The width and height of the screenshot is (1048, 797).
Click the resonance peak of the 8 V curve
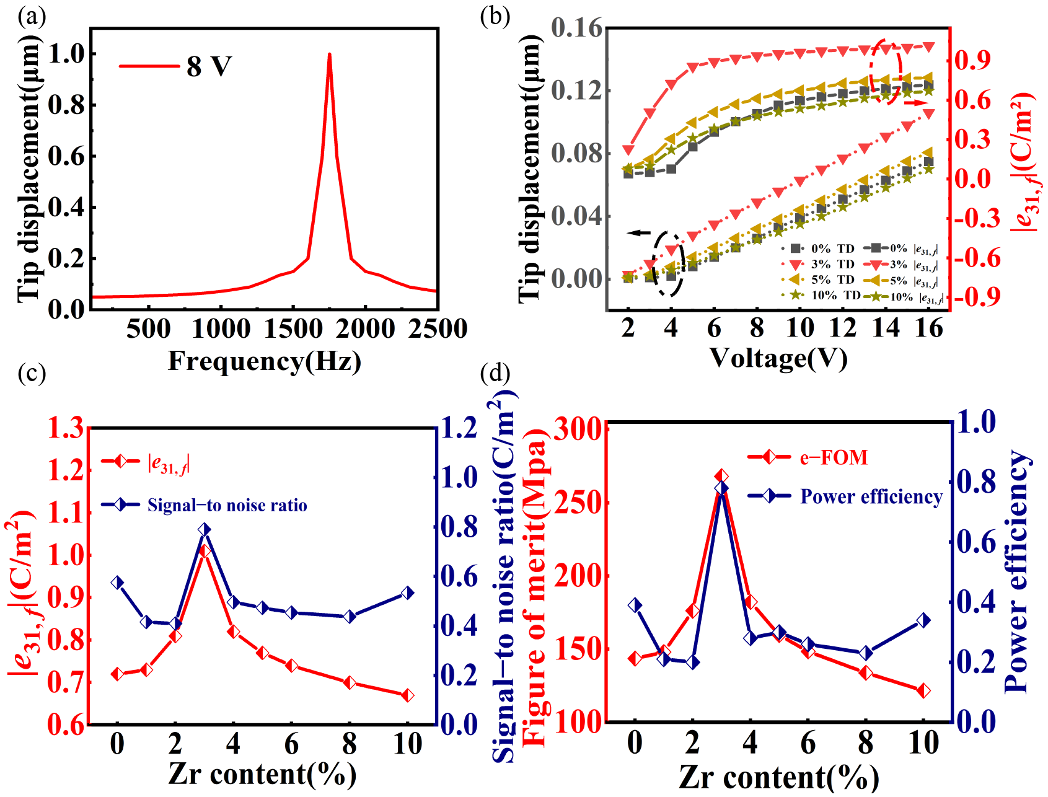329,55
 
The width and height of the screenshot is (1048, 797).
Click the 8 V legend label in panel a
209,66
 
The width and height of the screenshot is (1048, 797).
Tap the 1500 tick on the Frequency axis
293,328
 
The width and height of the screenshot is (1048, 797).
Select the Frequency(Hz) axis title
265,361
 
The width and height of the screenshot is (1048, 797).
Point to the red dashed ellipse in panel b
886,71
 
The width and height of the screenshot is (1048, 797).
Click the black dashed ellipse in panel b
668,263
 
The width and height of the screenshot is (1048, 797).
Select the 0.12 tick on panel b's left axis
576,91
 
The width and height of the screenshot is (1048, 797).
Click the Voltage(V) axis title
778,358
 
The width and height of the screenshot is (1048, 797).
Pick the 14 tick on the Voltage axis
886,327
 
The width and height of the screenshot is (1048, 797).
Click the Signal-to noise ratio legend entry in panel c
227,505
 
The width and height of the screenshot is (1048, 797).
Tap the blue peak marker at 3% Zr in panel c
205,529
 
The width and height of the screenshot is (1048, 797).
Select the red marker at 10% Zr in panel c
408,695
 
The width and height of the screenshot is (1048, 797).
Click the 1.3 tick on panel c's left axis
66,428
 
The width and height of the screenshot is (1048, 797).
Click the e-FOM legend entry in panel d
833,457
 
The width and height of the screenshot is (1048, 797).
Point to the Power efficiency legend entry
871,496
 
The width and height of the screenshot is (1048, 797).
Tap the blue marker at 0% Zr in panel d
635,605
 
